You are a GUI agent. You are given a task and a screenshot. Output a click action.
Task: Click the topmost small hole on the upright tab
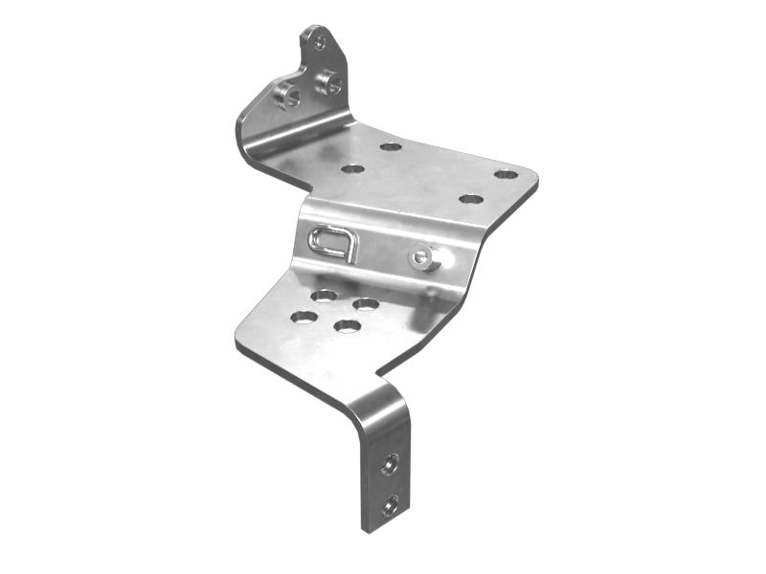[319, 42]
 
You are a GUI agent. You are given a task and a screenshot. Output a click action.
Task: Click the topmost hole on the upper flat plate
[390, 147]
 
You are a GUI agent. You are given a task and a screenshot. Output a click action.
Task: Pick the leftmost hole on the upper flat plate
[352, 169]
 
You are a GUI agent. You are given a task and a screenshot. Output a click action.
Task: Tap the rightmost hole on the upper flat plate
[506, 174]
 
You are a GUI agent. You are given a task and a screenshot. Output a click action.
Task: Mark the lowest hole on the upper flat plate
[469, 199]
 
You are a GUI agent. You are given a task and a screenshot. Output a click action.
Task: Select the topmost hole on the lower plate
[325, 295]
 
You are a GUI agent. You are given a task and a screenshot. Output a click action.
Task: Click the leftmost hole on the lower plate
[304, 316]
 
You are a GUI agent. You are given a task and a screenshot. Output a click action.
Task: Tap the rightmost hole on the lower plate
[366, 304]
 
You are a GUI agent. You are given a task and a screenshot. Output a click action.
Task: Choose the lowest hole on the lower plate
[347, 326]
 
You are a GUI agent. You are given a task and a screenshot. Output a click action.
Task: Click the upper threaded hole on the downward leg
[389, 466]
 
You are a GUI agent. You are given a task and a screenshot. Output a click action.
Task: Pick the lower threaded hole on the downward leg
[389, 504]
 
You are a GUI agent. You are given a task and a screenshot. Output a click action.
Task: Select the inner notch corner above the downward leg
[379, 373]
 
